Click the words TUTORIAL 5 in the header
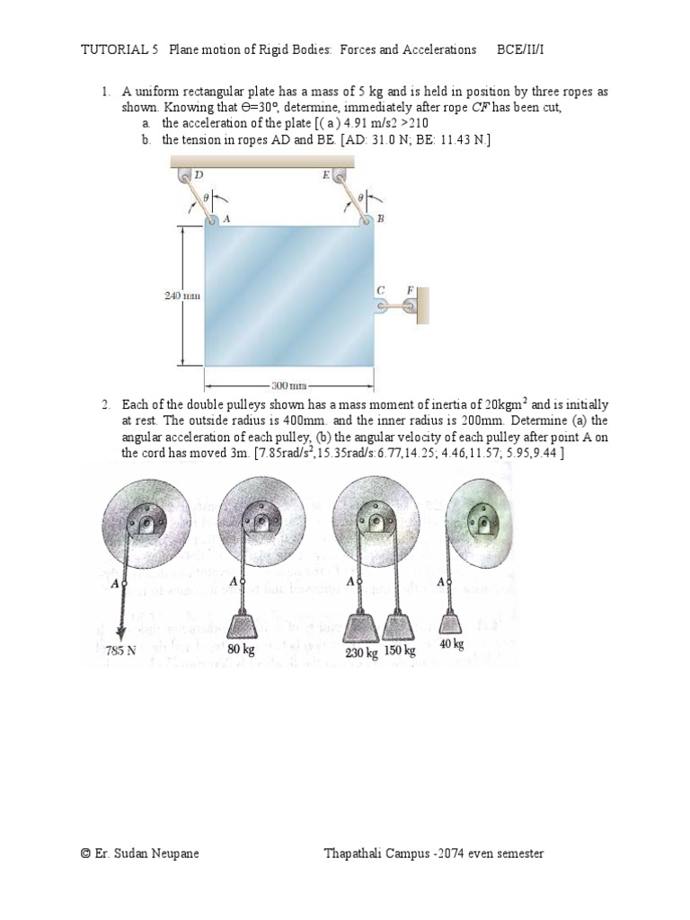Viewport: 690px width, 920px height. coord(119,49)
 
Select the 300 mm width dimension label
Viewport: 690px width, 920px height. coord(289,385)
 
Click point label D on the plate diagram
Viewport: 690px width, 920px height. coord(198,176)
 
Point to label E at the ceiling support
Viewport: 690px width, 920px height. coord(325,176)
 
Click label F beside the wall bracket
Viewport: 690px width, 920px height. coord(410,289)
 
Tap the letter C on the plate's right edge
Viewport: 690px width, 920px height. coord(380,290)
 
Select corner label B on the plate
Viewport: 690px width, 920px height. coord(380,218)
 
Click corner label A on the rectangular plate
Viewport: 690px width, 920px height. coord(226,218)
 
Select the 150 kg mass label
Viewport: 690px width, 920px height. coord(401,650)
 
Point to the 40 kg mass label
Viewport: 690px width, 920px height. coord(451,644)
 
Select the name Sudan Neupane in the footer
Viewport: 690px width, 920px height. coord(161,854)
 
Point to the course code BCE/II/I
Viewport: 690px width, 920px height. coord(520,49)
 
